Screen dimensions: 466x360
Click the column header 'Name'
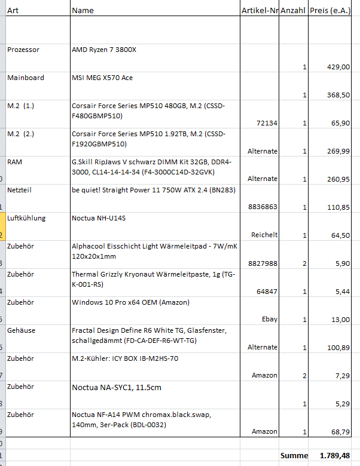83,10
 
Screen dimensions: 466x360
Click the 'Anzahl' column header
293,10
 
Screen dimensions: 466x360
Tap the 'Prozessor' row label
23,50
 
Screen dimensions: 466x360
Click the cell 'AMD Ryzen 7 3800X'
104,50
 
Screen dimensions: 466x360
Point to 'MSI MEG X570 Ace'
102,78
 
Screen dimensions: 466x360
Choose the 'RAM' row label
15,161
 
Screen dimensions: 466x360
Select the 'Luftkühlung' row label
26,218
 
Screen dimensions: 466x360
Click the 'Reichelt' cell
264,235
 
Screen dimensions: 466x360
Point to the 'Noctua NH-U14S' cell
99,218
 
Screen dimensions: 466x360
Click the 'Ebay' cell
270,319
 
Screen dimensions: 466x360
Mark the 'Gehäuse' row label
22,330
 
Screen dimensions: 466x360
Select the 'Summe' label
294,456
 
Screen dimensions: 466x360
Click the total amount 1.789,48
335,456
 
